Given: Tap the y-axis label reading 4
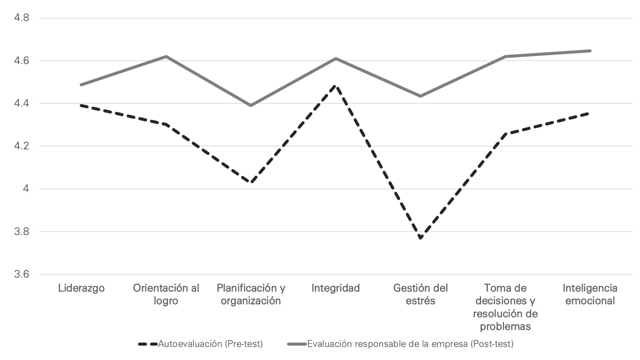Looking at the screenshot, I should coord(26,189).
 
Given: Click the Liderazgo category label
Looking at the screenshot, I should coord(81,288).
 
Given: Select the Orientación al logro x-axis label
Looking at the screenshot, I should coord(166,294).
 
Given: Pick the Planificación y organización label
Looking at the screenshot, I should coord(251,294).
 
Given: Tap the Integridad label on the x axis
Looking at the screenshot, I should coord(336,288).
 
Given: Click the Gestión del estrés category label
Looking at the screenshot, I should coord(421,294).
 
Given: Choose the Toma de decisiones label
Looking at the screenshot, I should coord(505,307).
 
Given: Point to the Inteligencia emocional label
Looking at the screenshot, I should coord(590,294).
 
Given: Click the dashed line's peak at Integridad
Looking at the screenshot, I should coord(336,86).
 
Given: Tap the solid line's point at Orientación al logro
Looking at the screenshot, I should coord(166,56).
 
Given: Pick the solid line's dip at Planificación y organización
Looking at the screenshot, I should coord(251,105).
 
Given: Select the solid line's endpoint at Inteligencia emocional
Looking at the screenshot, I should coord(590,51).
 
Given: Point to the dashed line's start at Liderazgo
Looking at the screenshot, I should coord(81,105).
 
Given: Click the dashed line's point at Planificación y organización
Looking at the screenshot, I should coord(251,183).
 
